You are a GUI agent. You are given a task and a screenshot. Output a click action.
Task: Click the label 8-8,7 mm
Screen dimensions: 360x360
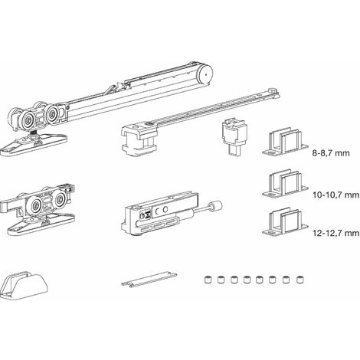(331, 153)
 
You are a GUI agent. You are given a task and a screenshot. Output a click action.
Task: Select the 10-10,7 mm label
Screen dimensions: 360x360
(336, 195)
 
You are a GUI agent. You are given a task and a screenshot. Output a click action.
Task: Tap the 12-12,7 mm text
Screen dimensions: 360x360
(336, 233)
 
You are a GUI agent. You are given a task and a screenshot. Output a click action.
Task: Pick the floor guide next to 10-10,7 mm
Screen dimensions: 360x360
(285, 184)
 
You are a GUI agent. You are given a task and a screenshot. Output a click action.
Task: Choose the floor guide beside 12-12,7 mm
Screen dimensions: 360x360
(285, 222)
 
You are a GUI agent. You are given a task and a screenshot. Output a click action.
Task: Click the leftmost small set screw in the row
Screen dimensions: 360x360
(208, 280)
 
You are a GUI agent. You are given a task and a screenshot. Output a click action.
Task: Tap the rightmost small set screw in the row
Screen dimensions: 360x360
(300, 280)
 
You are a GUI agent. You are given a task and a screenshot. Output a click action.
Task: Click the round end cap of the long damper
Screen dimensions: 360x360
(205, 74)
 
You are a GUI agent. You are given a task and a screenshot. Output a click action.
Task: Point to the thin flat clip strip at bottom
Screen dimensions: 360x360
(149, 279)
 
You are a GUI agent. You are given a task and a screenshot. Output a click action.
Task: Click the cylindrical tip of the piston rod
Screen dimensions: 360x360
(216, 207)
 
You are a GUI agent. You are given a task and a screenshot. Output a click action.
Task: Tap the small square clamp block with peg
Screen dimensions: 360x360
(234, 136)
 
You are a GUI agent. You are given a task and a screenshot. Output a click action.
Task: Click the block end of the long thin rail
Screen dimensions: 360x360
(139, 139)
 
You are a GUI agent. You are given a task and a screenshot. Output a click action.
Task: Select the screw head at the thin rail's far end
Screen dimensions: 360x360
(273, 90)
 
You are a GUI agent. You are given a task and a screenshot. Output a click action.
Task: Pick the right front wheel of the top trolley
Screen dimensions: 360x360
(54, 113)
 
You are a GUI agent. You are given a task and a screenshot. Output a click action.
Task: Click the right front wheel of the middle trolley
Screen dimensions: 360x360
(61, 200)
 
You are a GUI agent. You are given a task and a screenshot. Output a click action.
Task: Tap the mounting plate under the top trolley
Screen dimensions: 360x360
(34, 145)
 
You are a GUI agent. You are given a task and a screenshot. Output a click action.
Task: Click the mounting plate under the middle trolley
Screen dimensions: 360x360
(41, 224)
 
